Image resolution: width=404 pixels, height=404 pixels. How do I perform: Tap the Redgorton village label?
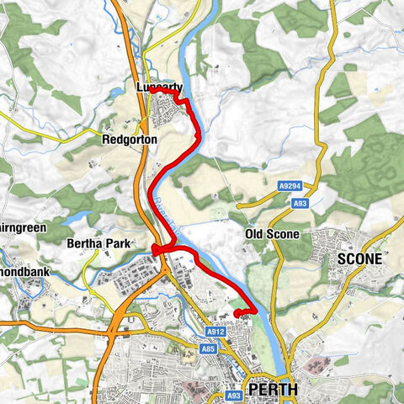(126, 138)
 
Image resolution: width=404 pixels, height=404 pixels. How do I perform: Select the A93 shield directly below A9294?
(300, 204)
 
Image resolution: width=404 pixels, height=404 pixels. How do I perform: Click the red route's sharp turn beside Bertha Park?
(156, 249)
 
